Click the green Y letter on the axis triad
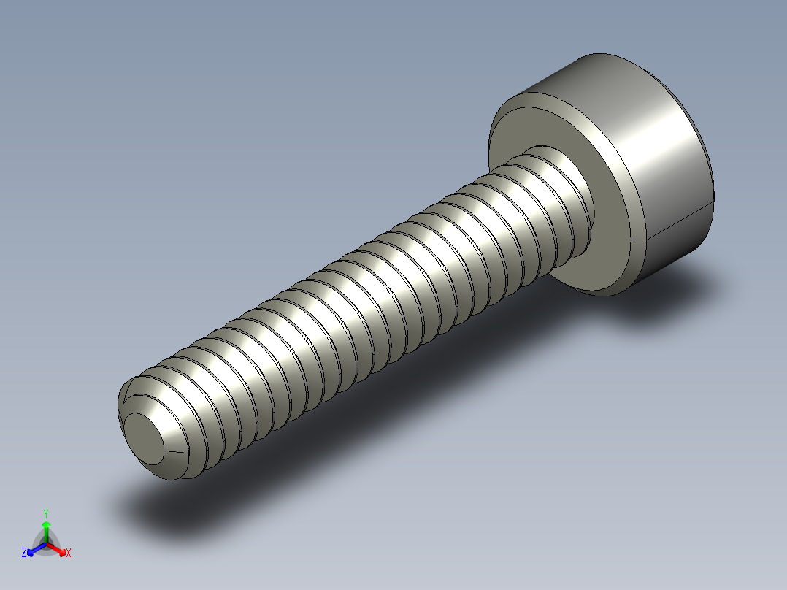pyautogui.click(x=46, y=513)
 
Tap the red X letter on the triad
pyautogui.click(x=68, y=553)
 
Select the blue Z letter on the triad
pyautogui.click(x=24, y=553)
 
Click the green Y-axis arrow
pyautogui.click(x=46, y=527)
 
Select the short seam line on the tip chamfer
pyautogui.click(x=175, y=453)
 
